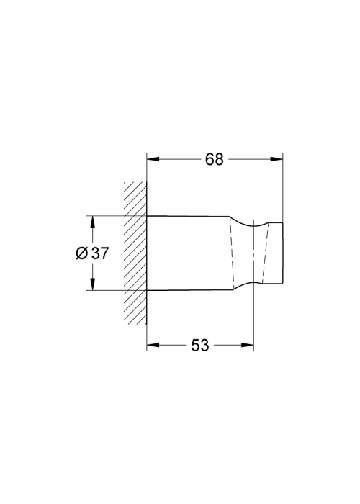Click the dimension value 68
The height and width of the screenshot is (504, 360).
[x=214, y=159]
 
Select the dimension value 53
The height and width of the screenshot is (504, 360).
[x=200, y=345]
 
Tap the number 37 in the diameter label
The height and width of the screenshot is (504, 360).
[x=100, y=253]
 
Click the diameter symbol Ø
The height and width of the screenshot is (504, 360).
[x=81, y=253]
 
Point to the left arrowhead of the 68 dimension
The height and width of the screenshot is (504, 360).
[x=153, y=159]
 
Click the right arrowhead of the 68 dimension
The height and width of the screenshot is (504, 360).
[x=276, y=159]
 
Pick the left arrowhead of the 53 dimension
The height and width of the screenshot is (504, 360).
[x=153, y=345]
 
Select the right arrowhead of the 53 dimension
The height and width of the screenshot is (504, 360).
[x=248, y=345]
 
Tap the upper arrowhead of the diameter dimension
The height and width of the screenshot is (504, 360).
[x=93, y=222]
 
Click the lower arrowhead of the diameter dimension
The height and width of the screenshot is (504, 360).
[x=93, y=284]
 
